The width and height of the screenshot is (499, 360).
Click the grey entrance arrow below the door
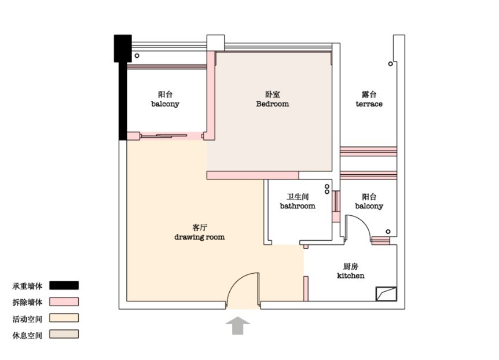238,326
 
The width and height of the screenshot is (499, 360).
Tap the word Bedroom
273,104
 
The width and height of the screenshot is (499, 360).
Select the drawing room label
200,237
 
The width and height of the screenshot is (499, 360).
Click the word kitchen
351,275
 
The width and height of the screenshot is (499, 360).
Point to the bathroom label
298,206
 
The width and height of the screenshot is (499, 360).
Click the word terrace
369,104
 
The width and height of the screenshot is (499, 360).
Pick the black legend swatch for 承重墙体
64,285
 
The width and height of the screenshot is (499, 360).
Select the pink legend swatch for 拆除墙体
64,302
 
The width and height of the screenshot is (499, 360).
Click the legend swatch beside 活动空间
64,318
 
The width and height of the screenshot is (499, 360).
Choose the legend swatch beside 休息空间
64,334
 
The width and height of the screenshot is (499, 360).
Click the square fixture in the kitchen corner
386,294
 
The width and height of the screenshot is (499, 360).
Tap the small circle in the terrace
391,64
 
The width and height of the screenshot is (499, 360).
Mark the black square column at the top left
123,49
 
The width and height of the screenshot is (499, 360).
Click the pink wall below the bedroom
252,175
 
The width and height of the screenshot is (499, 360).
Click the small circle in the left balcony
137,56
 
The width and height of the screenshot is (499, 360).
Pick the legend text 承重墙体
27,286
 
